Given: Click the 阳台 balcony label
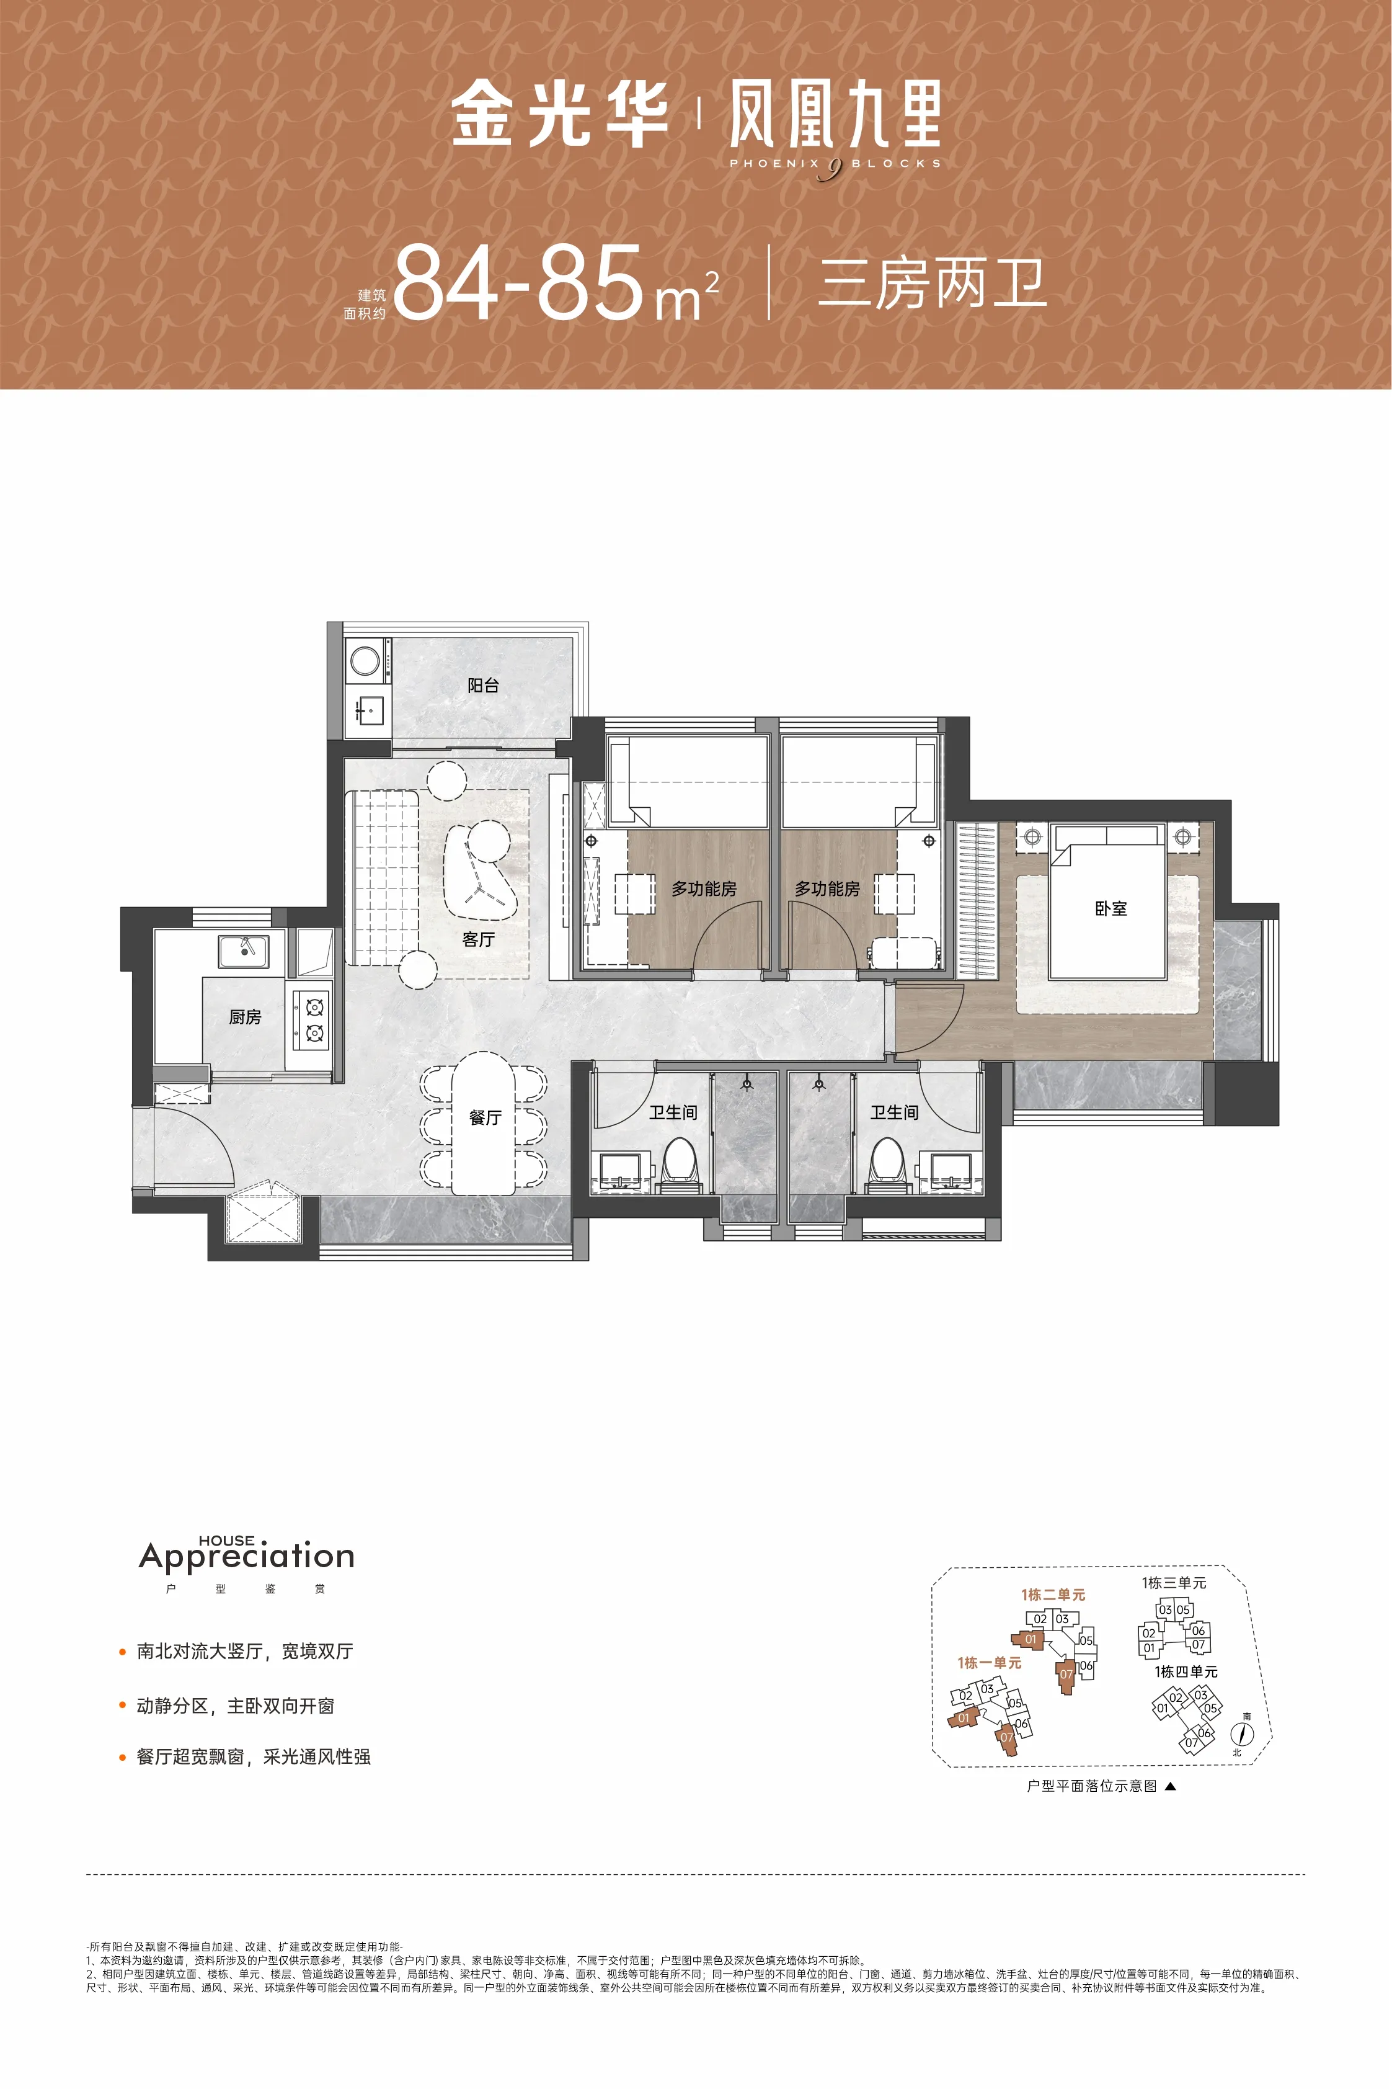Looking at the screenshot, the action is point(483,685).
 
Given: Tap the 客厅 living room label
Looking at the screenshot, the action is point(479,939).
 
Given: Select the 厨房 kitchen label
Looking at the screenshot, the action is point(245,1017).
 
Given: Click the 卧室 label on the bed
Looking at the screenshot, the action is point(1110,908).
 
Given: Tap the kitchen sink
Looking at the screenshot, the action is point(243,951).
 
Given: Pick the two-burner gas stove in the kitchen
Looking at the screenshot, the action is point(313,1019).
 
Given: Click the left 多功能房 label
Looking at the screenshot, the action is point(703,888).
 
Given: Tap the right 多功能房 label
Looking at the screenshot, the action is point(827,888).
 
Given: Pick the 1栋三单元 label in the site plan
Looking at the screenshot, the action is point(1174,1583).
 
